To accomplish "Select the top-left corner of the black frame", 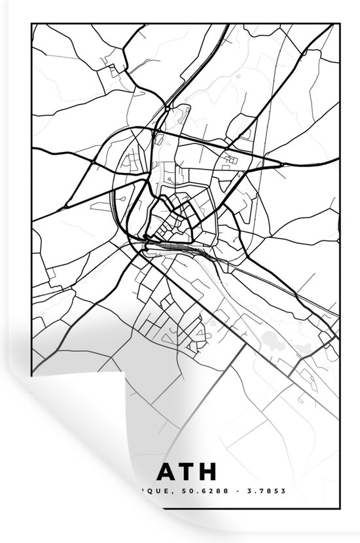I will click(x=31, y=24).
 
